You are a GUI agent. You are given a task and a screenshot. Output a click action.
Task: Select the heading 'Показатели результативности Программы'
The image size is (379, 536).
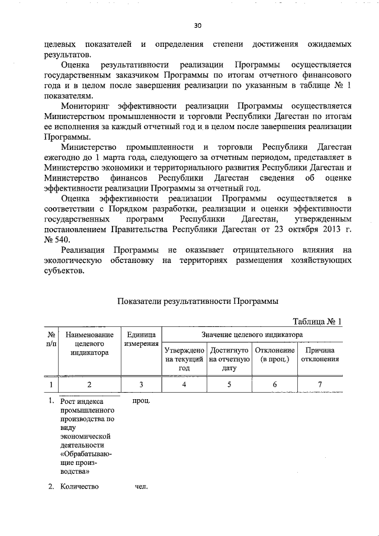[x=197, y=301]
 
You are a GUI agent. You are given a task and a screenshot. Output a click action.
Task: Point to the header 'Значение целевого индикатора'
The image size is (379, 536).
[x=252, y=335]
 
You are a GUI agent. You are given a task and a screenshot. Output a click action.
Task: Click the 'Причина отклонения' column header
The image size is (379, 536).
[x=320, y=355]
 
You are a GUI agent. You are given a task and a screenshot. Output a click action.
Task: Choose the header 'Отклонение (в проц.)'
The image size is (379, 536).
[x=274, y=355]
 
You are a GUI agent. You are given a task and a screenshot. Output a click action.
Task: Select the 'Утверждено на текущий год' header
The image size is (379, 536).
[x=184, y=359]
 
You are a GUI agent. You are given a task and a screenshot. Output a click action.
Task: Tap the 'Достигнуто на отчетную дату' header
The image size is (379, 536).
[x=229, y=359]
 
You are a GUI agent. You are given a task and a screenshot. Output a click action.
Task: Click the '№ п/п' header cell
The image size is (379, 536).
[x=52, y=339]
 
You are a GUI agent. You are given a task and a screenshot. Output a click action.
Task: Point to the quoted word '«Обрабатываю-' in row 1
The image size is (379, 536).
[x=87, y=454]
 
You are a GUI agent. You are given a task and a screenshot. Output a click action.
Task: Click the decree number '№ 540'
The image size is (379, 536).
[x=57, y=239]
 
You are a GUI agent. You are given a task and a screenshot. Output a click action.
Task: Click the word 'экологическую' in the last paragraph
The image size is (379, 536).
[x=72, y=261]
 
